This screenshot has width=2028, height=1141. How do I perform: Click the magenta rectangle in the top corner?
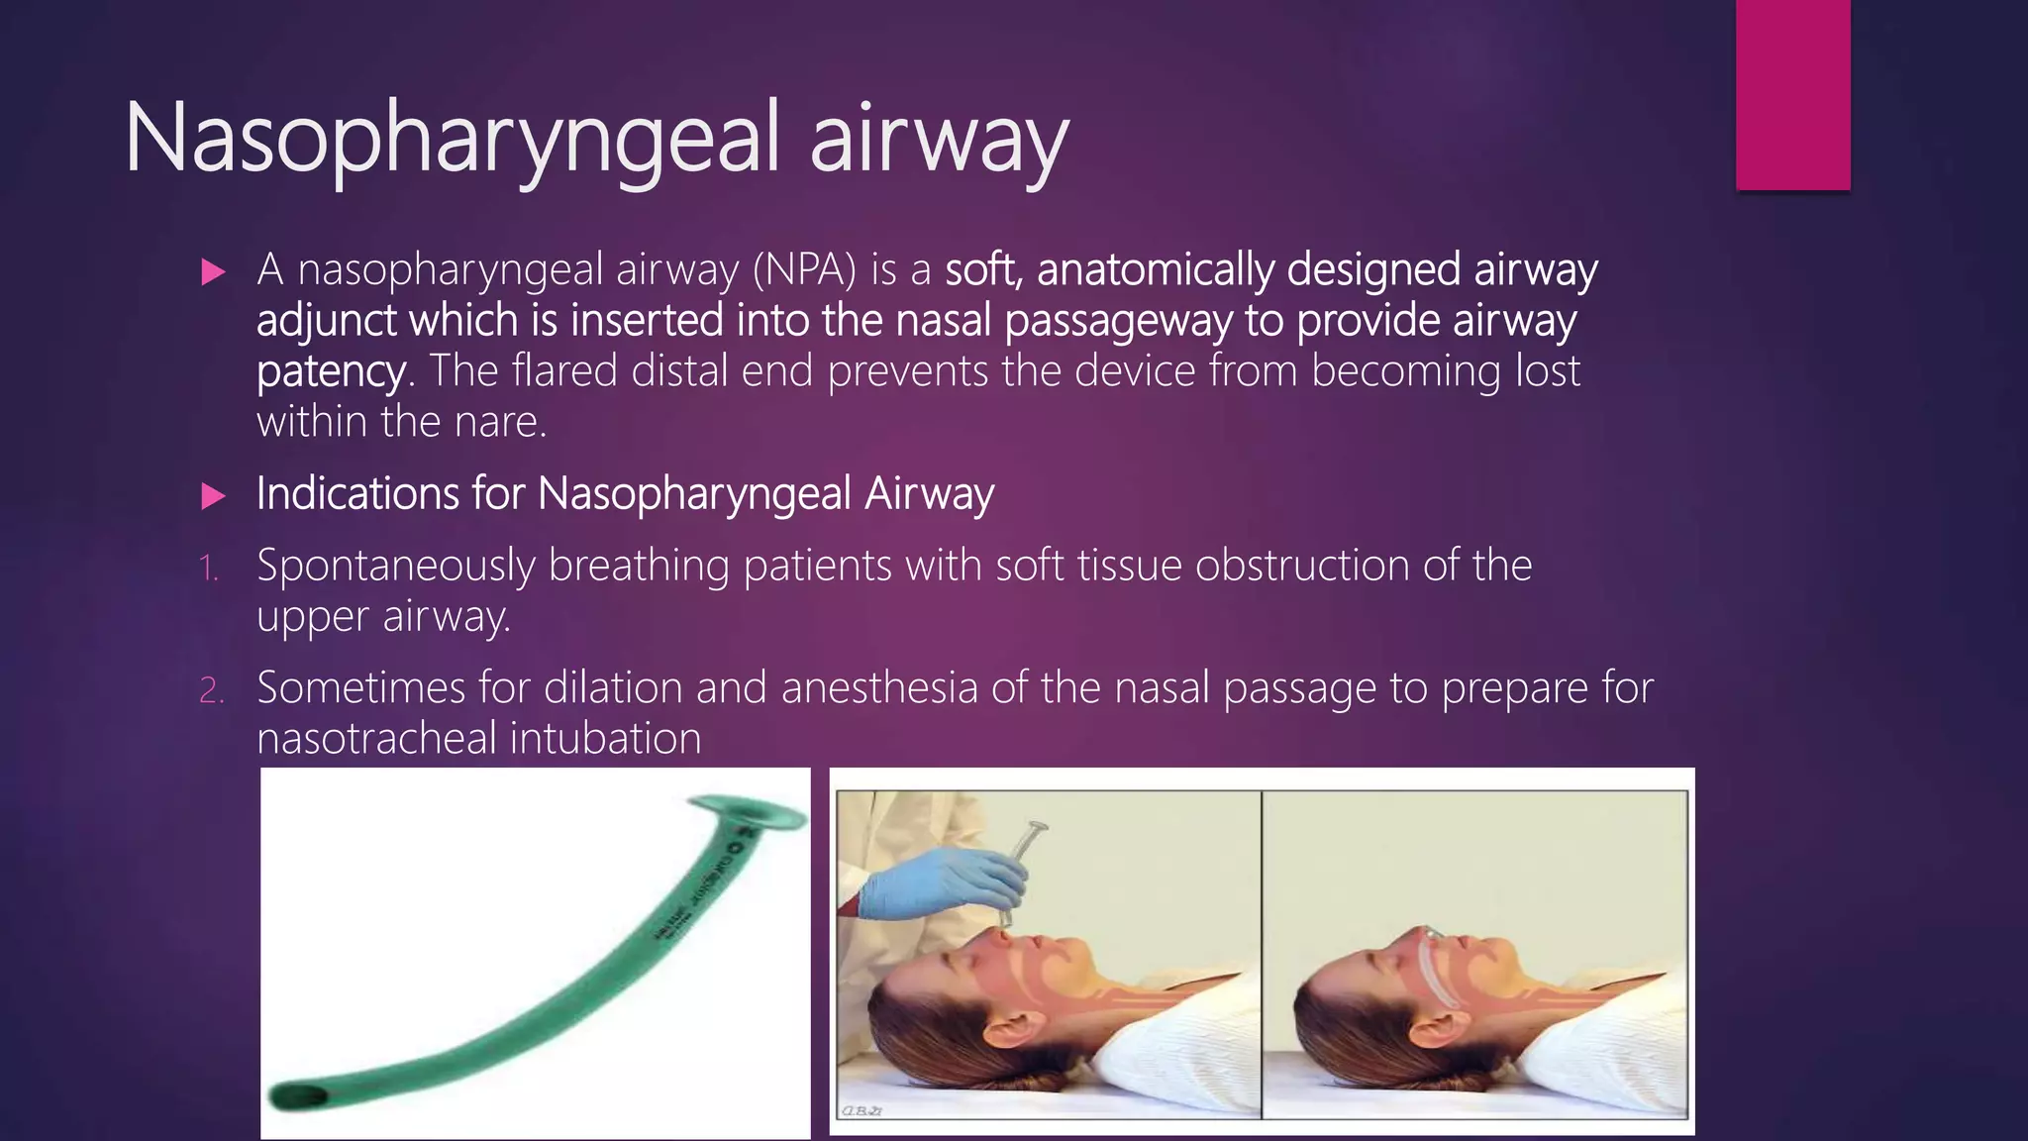click(x=1792, y=94)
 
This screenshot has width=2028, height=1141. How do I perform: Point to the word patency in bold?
click(x=330, y=372)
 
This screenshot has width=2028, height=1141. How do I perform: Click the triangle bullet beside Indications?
click(x=213, y=496)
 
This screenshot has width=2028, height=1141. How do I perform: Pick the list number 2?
click(x=211, y=690)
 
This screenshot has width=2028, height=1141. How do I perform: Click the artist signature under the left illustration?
click(x=861, y=1111)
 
